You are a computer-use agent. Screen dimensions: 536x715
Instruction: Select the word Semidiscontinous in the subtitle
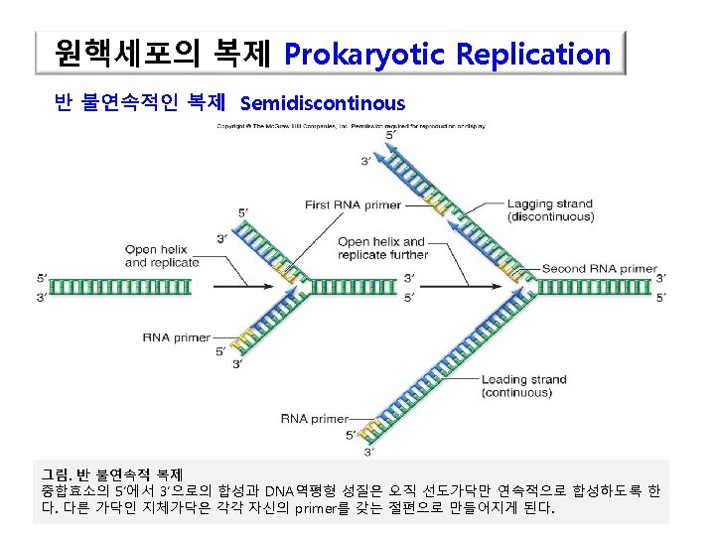point(323,102)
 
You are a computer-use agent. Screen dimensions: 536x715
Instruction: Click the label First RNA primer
point(353,205)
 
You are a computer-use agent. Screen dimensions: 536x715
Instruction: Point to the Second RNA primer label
point(599,268)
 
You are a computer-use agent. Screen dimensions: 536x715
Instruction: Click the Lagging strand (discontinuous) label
point(550,210)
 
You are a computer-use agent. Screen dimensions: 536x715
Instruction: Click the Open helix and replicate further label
point(382,248)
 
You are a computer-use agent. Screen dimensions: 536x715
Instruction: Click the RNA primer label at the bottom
point(315,419)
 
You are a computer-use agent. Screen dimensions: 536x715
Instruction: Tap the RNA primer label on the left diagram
point(176,337)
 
